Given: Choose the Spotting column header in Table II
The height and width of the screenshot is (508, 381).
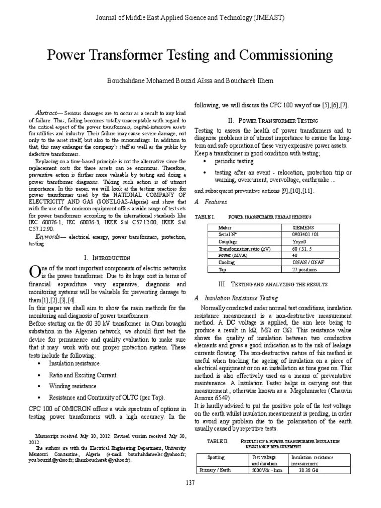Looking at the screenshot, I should coord(216,457).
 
